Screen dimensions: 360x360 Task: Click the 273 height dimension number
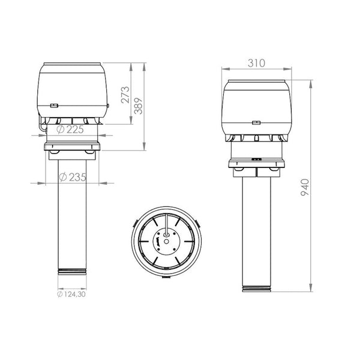tap(125, 94)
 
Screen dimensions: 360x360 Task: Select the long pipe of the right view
tap(257, 234)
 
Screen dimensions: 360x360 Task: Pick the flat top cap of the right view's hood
tap(257, 80)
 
